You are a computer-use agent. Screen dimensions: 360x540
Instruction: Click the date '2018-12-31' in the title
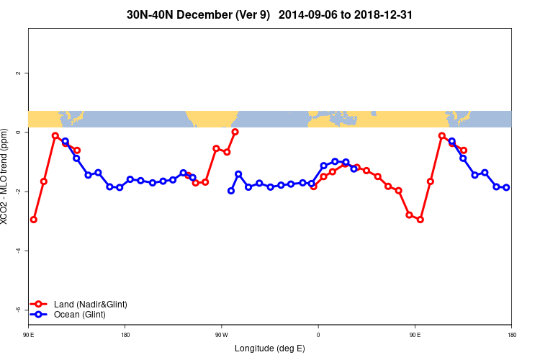point(383,14)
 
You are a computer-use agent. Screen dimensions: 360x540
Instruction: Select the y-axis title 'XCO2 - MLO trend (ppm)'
point(6,181)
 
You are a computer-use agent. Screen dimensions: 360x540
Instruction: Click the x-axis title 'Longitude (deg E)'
point(270,348)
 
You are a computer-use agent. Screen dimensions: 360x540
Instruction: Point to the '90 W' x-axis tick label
point(221,334)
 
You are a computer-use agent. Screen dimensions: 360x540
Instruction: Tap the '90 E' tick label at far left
point(28,334)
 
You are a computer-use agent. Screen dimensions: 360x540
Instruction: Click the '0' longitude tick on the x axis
point(318,334)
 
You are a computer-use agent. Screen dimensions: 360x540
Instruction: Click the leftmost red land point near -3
point(34,220)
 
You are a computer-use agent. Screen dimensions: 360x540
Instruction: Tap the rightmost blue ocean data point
point(506,187)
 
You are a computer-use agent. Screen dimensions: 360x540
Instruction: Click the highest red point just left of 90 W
point(235,132)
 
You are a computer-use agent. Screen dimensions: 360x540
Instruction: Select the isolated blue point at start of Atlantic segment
point(231,191)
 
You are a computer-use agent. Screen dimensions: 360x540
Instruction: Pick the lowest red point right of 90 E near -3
point(420,220)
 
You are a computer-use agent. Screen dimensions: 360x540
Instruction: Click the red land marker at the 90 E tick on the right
point(410,215)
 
